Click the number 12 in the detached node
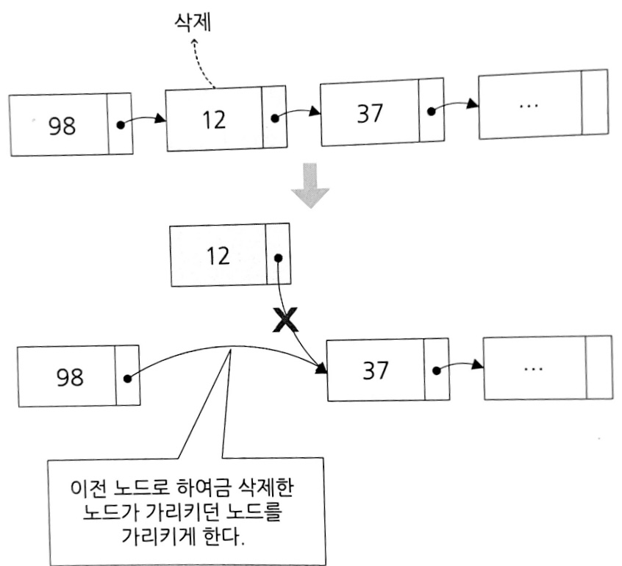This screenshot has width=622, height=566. coord(218,256)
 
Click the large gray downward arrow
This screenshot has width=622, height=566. coord(310,185)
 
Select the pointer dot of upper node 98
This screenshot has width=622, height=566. coord(121,124)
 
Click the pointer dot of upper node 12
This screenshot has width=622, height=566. coord(274,117)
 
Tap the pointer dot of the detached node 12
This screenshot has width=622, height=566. coord(277,257)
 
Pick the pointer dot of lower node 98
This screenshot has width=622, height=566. coord(128,379)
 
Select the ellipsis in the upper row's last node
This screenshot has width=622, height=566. coord(528,105)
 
